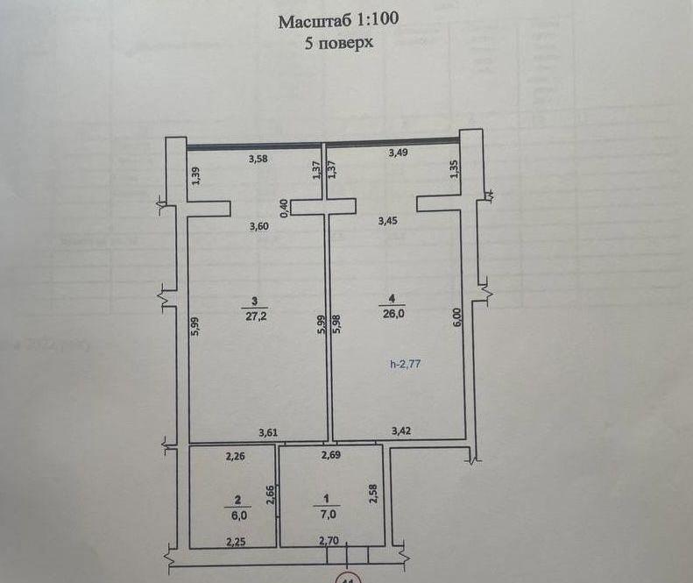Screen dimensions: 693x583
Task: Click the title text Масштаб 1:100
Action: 338,20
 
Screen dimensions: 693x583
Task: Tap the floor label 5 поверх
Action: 338,43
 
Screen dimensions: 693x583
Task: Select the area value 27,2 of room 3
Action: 257,316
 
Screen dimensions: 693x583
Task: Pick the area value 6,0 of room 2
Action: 238,515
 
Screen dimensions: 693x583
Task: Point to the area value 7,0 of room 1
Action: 328,515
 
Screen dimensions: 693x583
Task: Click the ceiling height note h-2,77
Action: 406,364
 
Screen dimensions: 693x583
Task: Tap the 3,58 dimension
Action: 258,159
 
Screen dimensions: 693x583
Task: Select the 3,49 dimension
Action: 398,153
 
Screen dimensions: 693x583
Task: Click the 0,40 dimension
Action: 284,208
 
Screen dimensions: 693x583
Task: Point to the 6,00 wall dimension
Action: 457,317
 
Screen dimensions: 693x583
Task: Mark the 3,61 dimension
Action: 268,432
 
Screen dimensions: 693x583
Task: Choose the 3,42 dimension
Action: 401,430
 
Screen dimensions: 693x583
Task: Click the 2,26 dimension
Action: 235,456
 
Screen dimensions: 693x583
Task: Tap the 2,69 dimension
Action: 330,455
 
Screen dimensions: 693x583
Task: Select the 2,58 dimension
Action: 373,494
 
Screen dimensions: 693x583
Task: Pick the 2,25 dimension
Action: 236,542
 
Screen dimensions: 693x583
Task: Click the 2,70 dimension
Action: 329,540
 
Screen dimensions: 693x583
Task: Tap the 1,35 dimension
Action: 455,169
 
